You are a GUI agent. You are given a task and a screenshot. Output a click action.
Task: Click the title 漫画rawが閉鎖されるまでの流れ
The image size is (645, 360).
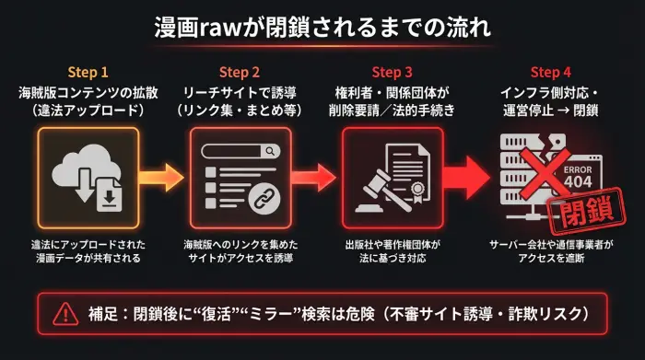point(322,27)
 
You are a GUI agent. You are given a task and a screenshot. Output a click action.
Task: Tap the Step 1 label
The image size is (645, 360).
point(88,72)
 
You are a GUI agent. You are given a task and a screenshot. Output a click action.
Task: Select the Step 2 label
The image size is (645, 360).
point(240,72)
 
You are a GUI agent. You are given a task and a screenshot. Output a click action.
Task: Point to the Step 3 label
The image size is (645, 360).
point(393,72)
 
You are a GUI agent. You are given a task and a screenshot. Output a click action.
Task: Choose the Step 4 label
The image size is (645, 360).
point(551,72)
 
